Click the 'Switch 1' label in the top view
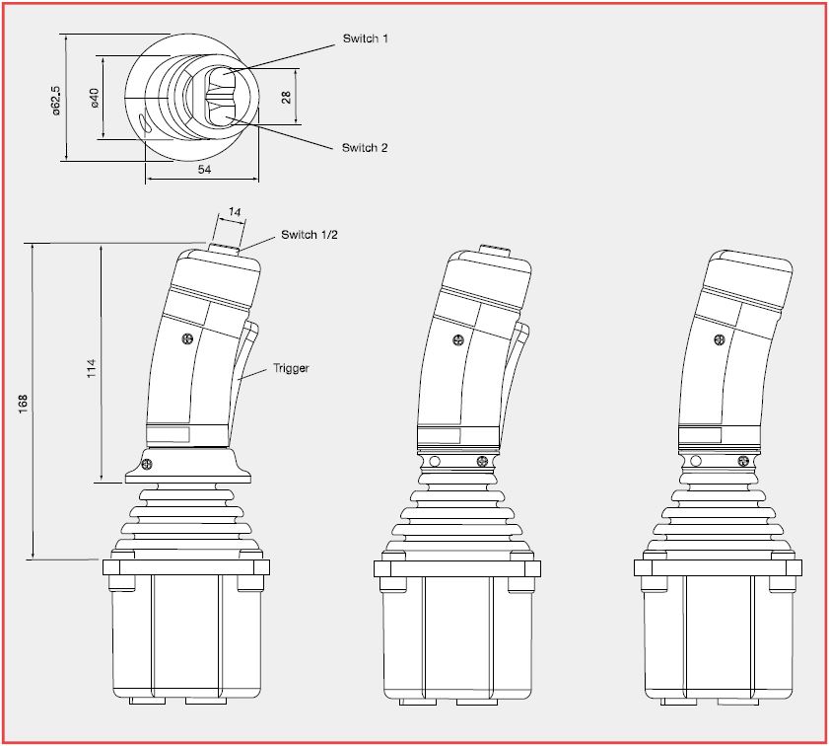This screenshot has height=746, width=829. [x=365, y=38]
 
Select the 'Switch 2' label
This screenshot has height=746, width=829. [x=365, y=147]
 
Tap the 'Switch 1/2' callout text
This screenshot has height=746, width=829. [x=310, y=234]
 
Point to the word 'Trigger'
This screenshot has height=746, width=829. [x=291, y=368]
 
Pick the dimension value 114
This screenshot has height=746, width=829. [x=92, y=367]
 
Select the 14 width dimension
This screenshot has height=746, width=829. [x=234, y=212]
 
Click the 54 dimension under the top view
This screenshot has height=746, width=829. [x=205, y=171]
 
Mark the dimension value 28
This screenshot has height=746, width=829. [x=286, y=97]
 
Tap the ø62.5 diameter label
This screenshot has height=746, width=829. [x=56, y=99]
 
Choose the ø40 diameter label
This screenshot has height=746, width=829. [x=95, y=98]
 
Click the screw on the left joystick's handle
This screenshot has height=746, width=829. [x=186, y=339]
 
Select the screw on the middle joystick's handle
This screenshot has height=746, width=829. [x=457, y=340]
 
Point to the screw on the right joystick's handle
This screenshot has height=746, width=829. [x=719, y=339]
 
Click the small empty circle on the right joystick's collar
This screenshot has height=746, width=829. [x=697, y=460]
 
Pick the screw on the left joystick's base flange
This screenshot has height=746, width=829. [x=148, y=464]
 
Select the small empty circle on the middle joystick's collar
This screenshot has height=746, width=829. [x=435, y=460]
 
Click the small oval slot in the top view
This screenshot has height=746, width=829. [x=146, y=124]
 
